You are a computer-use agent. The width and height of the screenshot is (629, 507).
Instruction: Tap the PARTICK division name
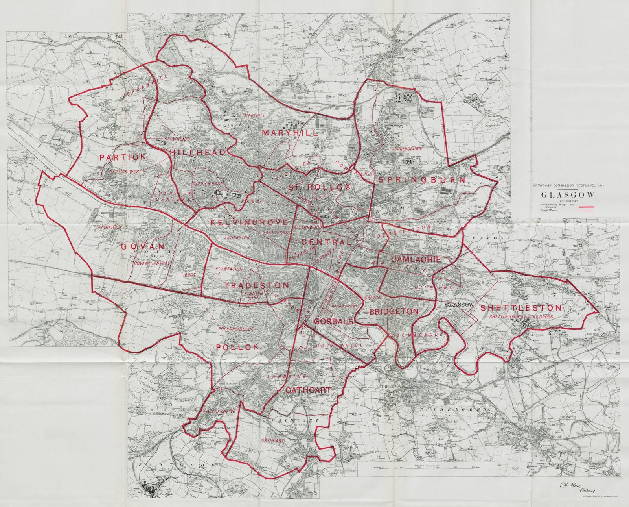click(x=117, y=157)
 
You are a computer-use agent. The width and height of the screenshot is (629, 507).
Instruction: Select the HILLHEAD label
click(x=198, y=152)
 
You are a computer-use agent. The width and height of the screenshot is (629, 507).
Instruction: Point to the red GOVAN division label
click(x=142, y=246)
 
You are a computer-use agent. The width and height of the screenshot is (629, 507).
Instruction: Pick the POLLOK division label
click(x=237, y=347)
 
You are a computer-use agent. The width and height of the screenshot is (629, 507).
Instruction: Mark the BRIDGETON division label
click(x=393, y=311)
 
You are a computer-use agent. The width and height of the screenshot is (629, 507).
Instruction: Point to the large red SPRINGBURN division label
click(x=421, y=180)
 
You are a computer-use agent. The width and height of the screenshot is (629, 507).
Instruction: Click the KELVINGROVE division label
click(x=249, y=223)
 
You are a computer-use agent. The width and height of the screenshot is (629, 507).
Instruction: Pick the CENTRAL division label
click(x=326, y=242)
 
